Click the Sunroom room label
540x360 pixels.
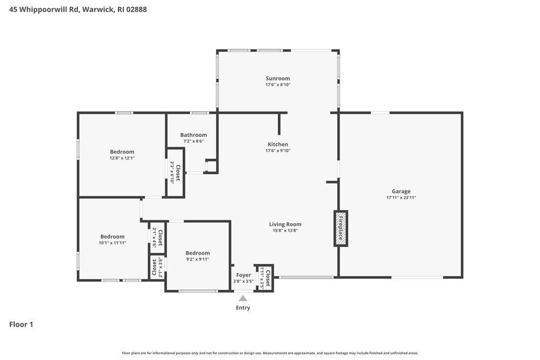tap(277, 79)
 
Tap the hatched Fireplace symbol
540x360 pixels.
tap(341, 228)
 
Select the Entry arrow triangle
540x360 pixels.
tap(243, 298)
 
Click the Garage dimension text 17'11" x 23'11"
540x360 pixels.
tap(401, 197)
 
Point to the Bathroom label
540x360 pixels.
tap(193, 135)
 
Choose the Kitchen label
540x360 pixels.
tap(277, 144)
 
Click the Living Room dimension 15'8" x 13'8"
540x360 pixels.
tap(285, 230)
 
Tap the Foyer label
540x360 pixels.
tap(243, 275)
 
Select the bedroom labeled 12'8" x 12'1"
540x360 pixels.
tap(122, 152)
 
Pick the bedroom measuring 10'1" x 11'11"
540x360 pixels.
tap(112, 237)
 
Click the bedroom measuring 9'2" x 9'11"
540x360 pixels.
tap(197, 253)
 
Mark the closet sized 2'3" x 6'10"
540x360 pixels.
tap(175, 173)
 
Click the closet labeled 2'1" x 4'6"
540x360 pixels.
tap(157, 237)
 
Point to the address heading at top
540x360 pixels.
tap(78, 9)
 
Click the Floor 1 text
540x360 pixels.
tap(21, 325)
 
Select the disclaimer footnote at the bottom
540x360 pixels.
tap(270, 353)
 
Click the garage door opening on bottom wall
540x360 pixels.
tap(417, 277)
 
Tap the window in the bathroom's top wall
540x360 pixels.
tap(199, 113)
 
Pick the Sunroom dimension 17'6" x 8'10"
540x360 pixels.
tap(277, 85)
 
